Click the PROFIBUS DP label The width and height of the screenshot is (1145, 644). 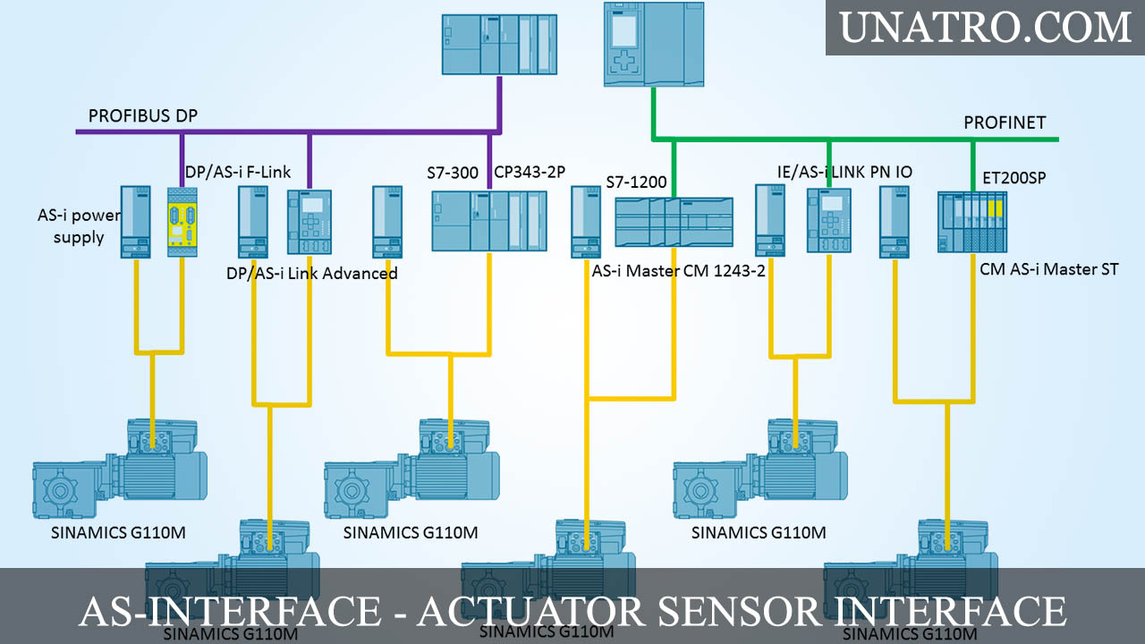click(143, 116)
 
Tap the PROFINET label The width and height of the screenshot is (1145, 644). click(1005, 123)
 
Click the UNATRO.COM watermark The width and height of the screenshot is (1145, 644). click(985, 28)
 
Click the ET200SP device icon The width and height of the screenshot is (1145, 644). click(972, 222)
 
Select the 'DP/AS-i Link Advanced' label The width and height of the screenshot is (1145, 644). click(312, 273)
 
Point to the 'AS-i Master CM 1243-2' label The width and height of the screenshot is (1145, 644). click(678, 271)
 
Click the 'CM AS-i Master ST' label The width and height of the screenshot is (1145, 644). click(1048, 268)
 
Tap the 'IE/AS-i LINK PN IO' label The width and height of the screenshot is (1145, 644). click(844, 172)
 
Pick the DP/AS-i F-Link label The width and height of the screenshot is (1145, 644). click(238, 172)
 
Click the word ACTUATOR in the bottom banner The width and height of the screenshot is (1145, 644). click(530, 611)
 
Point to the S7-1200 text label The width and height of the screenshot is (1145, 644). click(636, 182)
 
